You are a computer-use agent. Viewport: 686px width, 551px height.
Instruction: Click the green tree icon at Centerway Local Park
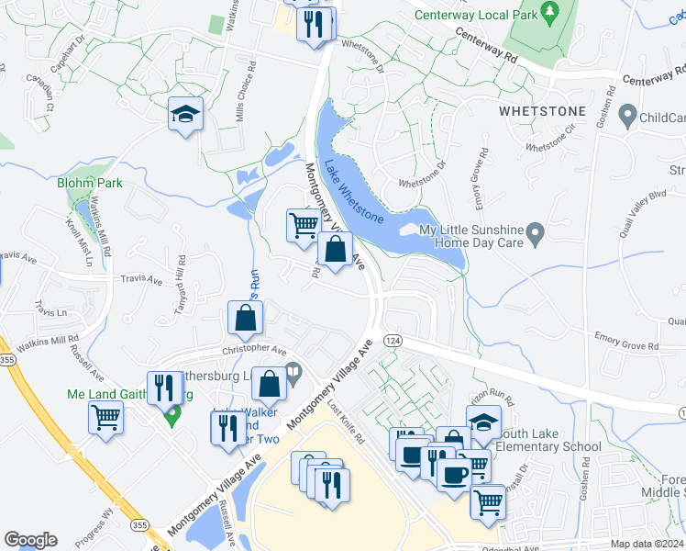click(549, 13)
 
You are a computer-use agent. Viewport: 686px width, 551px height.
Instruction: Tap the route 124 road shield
click(390, 340)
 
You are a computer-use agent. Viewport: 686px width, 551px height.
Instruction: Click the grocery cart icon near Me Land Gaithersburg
click(105, 418)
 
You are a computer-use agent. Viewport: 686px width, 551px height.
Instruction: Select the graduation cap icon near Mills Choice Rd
click(184, 115)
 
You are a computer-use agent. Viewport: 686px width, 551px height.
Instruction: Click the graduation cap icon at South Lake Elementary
click(483, 422)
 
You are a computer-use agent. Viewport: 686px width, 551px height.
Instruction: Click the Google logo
click(30, 540)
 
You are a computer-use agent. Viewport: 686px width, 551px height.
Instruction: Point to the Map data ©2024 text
click(647, 544)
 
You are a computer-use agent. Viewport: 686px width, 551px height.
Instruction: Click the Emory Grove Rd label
click(627, 343)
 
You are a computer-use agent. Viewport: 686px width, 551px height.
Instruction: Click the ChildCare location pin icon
click(627, 117)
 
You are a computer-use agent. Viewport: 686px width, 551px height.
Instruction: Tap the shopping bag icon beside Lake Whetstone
click(336, 249)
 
